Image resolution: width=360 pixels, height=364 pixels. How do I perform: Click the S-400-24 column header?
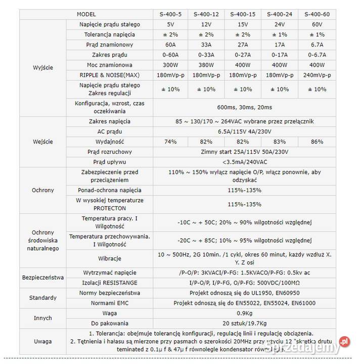coord(279,14)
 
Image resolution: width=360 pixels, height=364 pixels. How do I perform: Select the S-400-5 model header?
coord(170,14)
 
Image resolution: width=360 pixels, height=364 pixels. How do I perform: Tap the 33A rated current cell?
coord(206,44)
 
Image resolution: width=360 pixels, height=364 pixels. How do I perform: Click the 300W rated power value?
coord(170,65)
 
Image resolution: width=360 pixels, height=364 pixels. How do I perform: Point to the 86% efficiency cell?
coord(317,142)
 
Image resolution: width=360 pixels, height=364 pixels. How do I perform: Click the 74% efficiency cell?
coord(170,142)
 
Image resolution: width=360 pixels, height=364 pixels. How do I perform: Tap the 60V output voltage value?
coord(317,24)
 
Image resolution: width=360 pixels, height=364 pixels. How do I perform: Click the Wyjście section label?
coord(42,67)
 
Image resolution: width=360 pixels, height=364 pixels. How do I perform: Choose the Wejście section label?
coord(42,142)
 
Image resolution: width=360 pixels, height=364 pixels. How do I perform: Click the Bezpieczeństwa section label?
coord(42,278)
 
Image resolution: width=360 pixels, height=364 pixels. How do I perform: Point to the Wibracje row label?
coord(110,258)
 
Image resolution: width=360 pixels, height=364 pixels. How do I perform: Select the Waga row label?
coord(110,313)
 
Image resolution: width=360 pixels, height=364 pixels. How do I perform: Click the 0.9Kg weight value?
coord(244,313)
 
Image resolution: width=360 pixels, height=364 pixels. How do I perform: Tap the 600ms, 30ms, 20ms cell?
coord(244,107)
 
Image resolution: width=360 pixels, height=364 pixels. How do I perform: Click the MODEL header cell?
coord(86,14)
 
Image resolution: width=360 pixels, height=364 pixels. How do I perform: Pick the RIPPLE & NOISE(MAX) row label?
coord(110,75)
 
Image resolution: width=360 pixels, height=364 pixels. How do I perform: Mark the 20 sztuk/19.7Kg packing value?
coord(244,323)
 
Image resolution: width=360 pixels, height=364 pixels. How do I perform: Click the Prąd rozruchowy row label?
coord(110,152)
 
